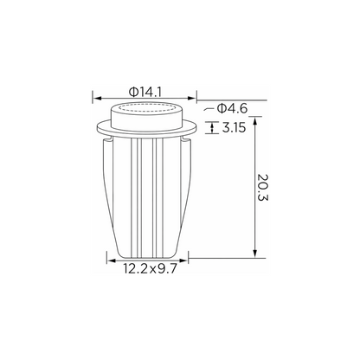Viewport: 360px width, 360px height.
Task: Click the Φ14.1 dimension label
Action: [145, 92]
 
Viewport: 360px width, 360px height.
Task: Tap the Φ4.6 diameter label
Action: [232, 109]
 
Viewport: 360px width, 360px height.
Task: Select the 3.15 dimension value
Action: [234, 127]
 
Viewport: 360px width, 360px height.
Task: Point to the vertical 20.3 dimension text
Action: [263, 188]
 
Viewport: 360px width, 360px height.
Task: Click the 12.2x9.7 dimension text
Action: [150, 269]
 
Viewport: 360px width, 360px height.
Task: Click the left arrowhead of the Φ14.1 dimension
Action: [97, 99]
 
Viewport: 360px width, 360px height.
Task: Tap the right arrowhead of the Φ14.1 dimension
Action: [192, 99]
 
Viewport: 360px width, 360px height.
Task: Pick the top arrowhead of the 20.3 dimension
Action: [254, 121]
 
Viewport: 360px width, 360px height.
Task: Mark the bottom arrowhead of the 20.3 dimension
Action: [254, 254]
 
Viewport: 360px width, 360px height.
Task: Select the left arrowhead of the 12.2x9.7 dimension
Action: [111, 260]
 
